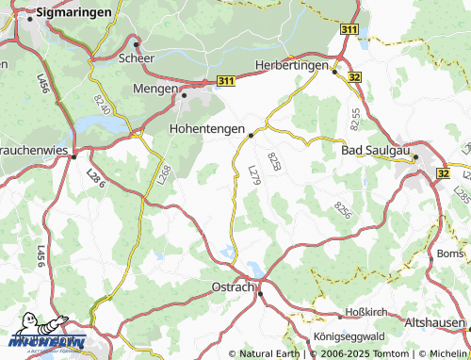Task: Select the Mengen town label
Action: (x=156, y=89)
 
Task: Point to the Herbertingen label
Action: (x=292, y=66)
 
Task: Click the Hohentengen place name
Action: (x=206, y=127)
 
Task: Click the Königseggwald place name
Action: (x=349, y=336)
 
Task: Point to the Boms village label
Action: (x=450, y=254)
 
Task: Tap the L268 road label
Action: (x=163, y=174)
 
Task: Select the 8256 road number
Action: (x=341, y=211)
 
